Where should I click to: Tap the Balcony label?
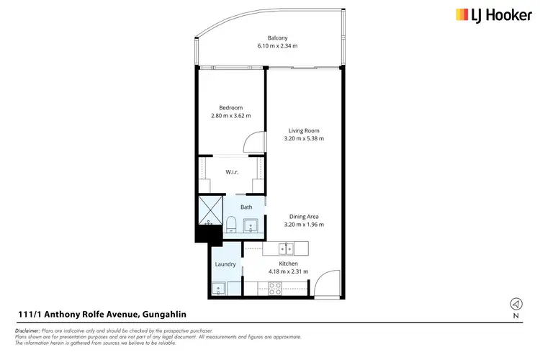(x=277, y=37)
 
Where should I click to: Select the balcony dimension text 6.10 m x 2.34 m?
(x=277, y=45)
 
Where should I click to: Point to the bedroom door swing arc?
(x=253, y=143)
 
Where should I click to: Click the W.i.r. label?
(x=232, y=171)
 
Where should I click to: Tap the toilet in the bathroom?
(x=230, y=225)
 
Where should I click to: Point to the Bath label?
(x=246, y=207)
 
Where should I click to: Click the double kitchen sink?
(x=287, y=249)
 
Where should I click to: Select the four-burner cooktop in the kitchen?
(x=276, y=289)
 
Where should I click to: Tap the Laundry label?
(x=225, y=264)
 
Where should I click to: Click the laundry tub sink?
(x=218, y=289)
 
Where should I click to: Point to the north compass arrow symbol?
(x=516, y=303)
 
